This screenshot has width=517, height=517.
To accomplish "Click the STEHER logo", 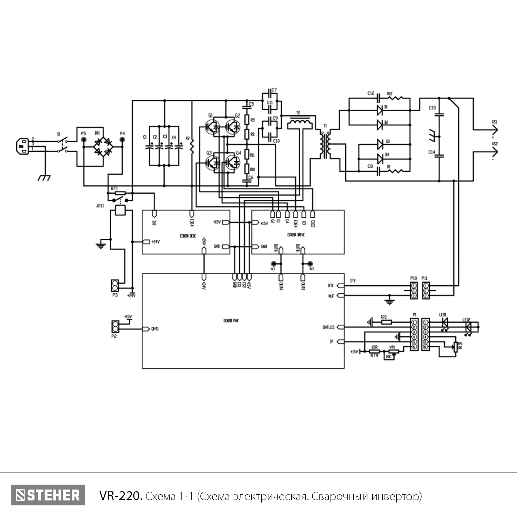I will pyautogui.click(x=48, y=495).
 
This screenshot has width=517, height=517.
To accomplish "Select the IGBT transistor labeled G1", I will pyautogui.click(x=211, y=126).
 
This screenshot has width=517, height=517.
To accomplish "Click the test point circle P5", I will pyautogui.click(x=83, y=140).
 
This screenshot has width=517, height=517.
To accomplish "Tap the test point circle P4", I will pyautogui.click(x=122, y=140).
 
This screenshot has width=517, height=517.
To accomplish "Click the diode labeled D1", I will pyautogui.click(x=380, y=110).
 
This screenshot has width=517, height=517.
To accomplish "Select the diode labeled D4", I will pyautogui.click(x=380, y=159).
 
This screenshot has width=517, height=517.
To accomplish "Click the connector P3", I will pyautogui.click(x=115, y=285).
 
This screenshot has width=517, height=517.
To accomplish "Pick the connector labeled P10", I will pyautogui.click(x=414, y=290).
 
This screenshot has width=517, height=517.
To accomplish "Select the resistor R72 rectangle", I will pyautogui.click(x=386, y=322).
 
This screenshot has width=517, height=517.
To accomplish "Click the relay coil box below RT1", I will pyautogui.click(x=120, y=210).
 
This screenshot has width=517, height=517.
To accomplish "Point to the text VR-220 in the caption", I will pyautogui.click(x=120, y=496).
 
